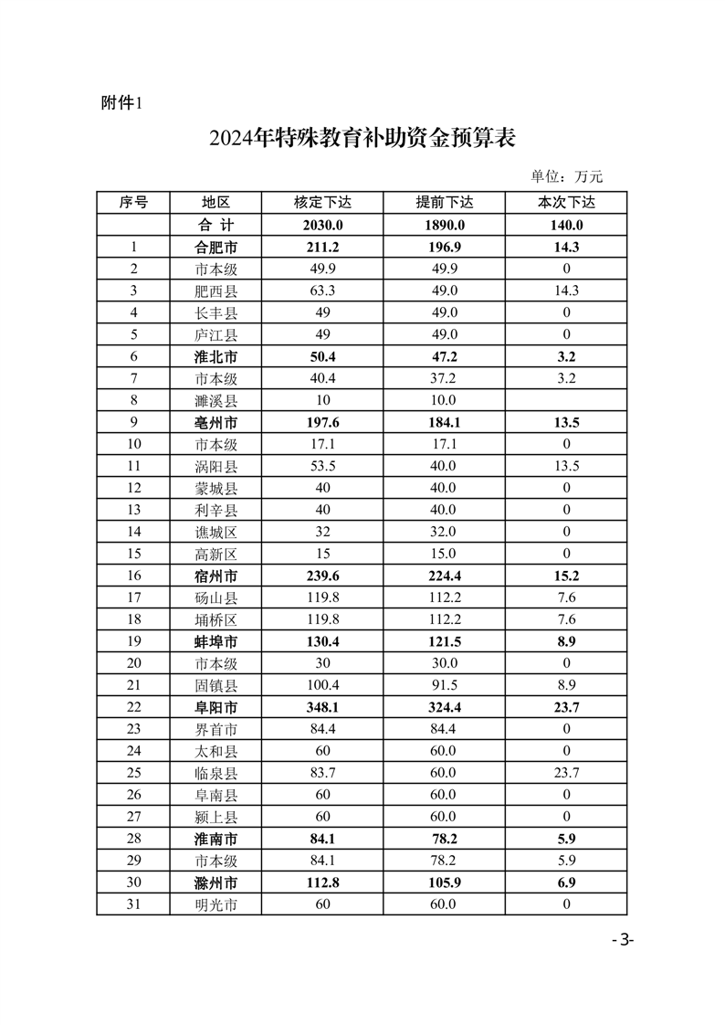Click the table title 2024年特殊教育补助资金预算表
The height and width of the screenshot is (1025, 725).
pyautogui.click(x=362, y=139)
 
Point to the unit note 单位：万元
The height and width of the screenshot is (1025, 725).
pyautogui.click(x=567, y=176)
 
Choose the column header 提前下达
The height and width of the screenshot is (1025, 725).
pyautogui.click(x=444, y=203)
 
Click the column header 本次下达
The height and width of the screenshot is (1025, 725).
pyautogui.click(x=566, y=203)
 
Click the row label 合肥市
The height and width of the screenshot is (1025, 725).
pyautogui.click(x=215, y=247)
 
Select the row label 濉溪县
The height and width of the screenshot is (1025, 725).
pyautogui.click(x=215, y=400)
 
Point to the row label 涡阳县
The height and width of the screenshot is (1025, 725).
pyautogui.click(x=215, y=466)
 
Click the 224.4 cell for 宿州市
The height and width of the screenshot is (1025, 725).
pyautogui.click(x=444, y=576)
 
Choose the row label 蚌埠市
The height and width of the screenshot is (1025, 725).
pyautogui.click(x=215, y=641)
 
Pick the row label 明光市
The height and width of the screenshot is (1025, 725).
pyautogui.click(x=215, y=904)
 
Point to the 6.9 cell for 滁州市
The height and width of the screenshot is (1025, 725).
pyautogui.click(x=566, y=882)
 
